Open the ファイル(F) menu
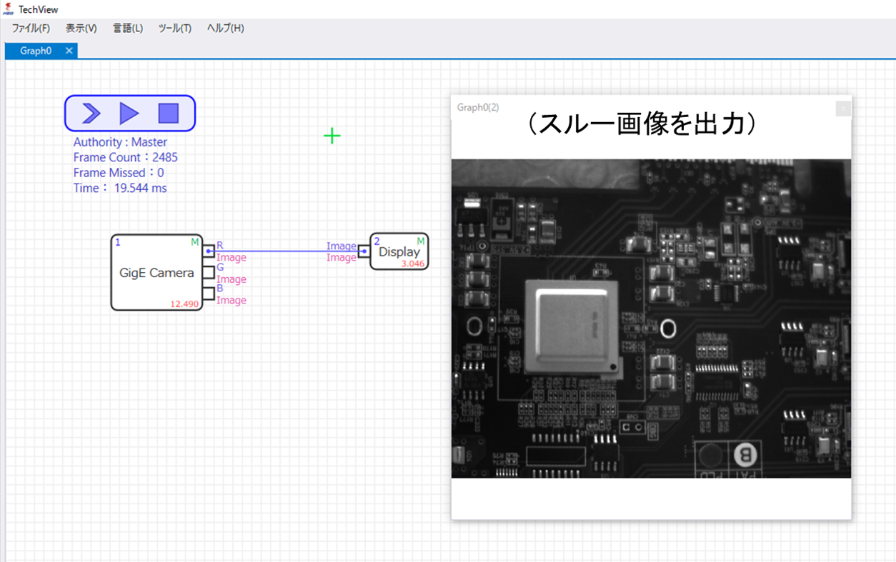[x=31, y=29]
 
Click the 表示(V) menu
[x=81, y=29]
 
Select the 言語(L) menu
[x=128, y=29]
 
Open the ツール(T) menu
[x=174, y=29]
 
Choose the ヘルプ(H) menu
[x=225, y=29]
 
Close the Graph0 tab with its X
[x=69, y=51]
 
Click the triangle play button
[x=129, y=113]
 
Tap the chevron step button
[x=91, y=113]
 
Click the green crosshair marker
[x=332, y=136]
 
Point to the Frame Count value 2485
[x=164, y=157]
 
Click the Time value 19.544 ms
[x=140, y=189]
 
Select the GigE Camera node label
[x=156, y=273]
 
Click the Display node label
[x=399, y=252]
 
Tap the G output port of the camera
[x=208, y=272]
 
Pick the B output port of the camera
[x=208, y=293]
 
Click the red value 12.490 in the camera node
[x=184, y=304]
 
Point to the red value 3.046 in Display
[x=413, y=264]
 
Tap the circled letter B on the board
[x=746, y=454]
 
